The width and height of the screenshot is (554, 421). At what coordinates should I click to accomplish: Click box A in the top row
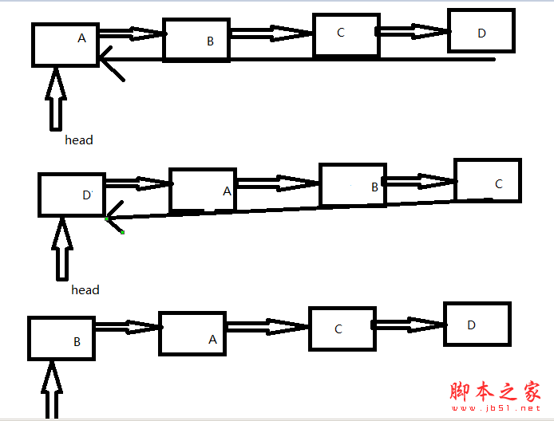pos(65,44)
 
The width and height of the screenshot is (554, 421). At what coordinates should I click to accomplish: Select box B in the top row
pos(196,40)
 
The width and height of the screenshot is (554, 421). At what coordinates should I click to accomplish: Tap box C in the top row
pos(346,35)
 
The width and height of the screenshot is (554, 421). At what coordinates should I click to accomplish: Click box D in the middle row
pos(72,195)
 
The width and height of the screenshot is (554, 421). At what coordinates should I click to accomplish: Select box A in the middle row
pos(203,190)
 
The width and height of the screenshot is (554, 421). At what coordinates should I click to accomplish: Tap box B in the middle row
pos(352,185)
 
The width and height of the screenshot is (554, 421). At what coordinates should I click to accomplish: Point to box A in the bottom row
pos(192,333)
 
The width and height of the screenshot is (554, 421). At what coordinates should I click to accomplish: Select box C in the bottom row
pos(342,329)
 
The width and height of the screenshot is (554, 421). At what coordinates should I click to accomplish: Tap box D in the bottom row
pos(477,323)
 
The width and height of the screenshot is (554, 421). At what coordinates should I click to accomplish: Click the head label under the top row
pos(79,140)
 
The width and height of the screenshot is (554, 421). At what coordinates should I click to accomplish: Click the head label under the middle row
pos(85,290)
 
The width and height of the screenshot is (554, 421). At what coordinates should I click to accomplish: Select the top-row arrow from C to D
pos(413,31)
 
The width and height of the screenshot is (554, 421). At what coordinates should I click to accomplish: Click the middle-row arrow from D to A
pos(137,184)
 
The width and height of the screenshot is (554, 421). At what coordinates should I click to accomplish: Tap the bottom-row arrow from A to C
pos(267,326)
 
